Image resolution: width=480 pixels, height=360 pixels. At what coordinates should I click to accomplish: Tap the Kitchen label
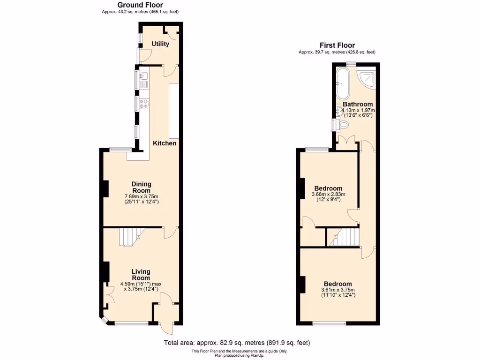(x=165, y=143)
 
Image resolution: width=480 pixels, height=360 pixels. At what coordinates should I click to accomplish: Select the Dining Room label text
(x=141, y=187)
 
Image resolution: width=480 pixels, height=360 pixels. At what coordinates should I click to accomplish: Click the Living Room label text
(x=141, y=275)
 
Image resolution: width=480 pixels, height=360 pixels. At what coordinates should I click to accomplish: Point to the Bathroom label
(x=358, y=104)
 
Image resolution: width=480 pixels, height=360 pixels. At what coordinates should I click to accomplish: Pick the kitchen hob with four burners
(x=144, y=104)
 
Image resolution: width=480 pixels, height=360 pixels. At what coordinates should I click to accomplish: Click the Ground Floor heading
(x=140, y=5)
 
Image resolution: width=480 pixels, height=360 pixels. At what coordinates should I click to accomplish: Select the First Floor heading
(x=337, y=45)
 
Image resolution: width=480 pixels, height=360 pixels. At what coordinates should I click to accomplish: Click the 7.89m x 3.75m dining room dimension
(x=141, y=196)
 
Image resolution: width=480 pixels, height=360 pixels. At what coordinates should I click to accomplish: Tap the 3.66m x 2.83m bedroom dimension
(x=328, y=195)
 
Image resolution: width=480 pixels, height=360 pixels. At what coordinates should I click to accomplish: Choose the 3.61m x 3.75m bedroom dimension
(x=337, y=290)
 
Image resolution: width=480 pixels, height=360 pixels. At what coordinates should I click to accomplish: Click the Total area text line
(x=237, y=343)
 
